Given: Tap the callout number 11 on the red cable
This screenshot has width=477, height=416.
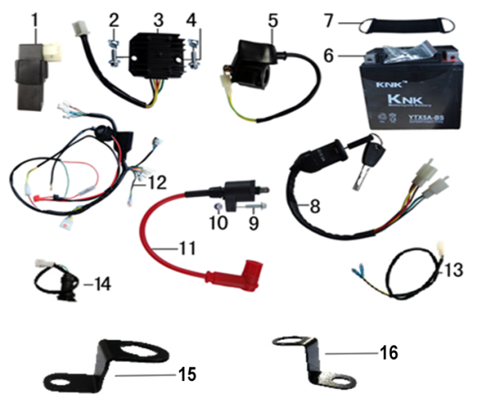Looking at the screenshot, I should [186, 248].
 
